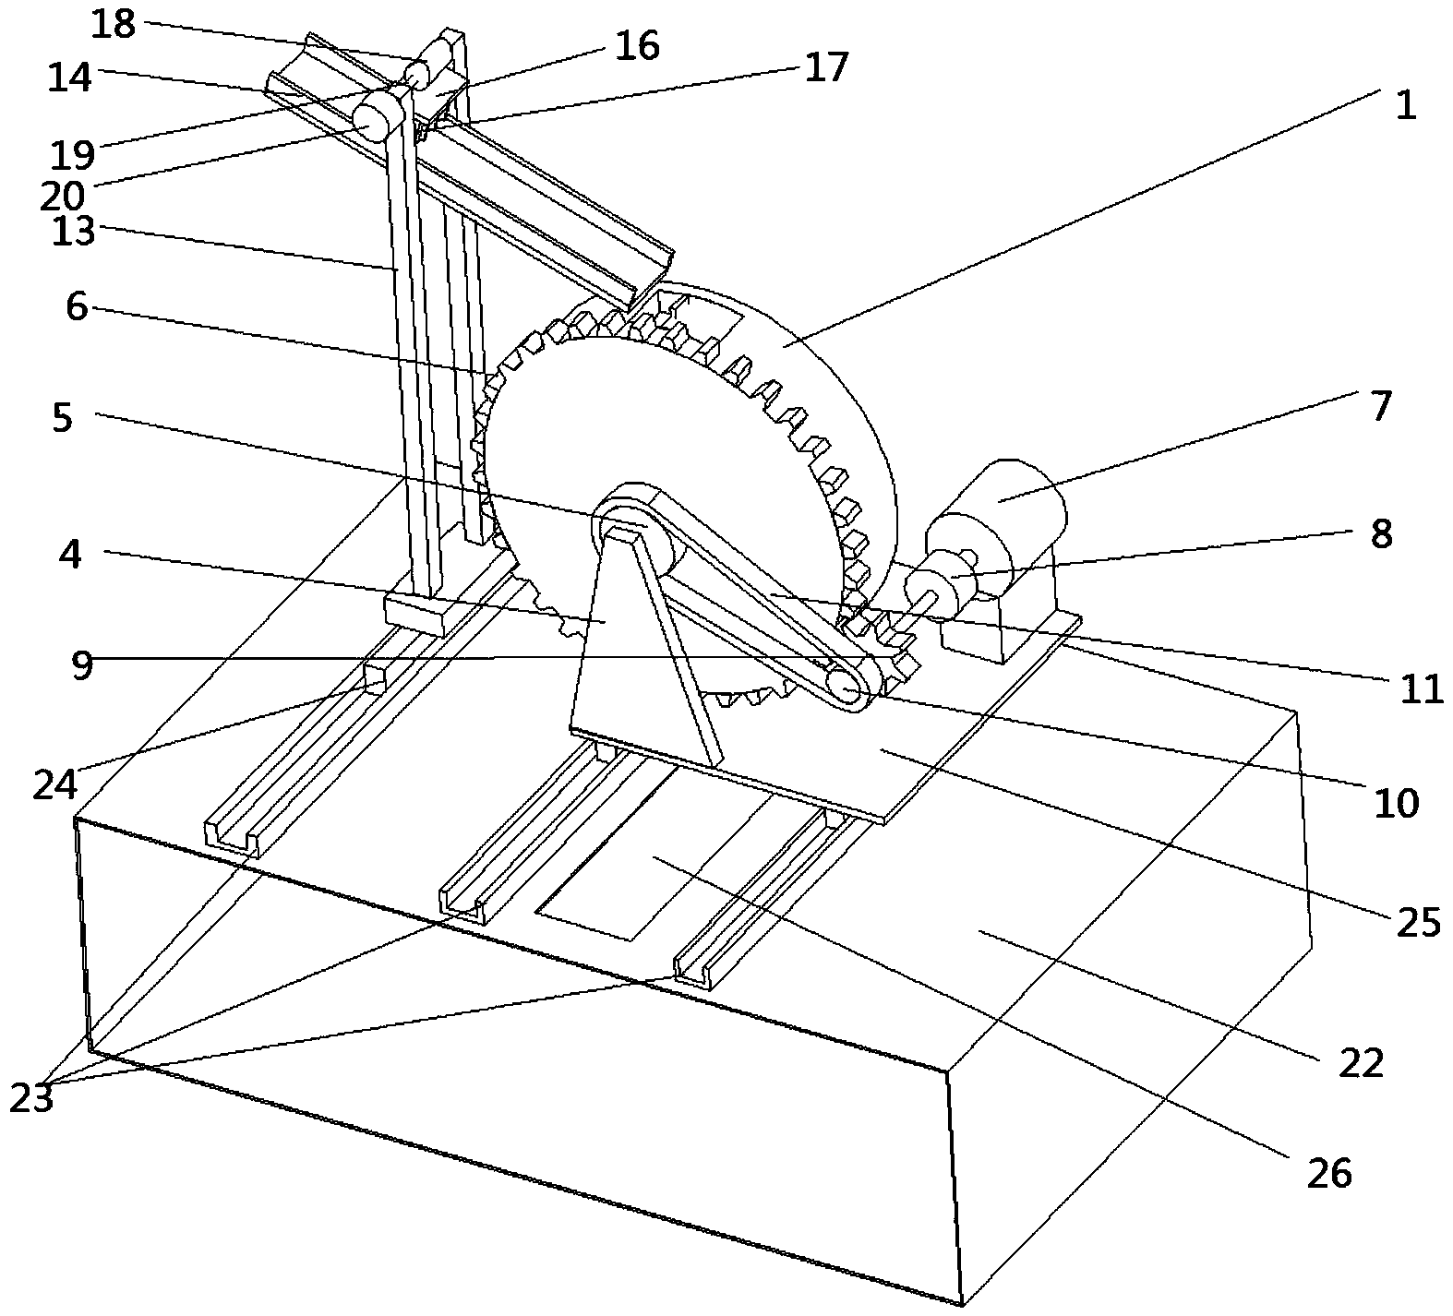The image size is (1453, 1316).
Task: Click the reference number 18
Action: (114, 25)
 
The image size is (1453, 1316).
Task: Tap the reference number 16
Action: (637, 45)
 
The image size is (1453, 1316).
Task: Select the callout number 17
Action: (825, 67)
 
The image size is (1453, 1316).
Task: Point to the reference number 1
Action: (1405, 105)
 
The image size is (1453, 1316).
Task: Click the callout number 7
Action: (1380, 406)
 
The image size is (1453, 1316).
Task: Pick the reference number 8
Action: (1381, 533)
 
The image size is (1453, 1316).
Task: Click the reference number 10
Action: (1396, 803)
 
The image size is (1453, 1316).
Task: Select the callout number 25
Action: (1417, 921)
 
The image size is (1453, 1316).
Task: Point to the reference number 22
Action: (1362, 1063)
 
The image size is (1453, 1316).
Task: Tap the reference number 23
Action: (32, 1098)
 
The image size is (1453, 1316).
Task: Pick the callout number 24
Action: (56, 784)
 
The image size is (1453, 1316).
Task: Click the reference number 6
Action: (77, 306)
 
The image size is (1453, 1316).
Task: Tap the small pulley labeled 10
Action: (850, 686)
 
